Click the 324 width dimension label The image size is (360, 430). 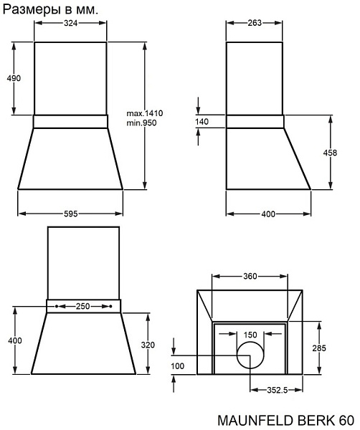70,24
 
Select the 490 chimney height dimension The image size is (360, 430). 14,78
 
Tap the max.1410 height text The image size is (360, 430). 145,113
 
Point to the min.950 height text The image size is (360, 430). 141,123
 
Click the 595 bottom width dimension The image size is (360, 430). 71,214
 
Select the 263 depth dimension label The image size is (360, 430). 255,23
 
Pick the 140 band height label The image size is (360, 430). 202,122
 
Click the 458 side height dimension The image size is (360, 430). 330,153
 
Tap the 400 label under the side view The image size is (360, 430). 268,214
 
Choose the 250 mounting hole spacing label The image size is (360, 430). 83,306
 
